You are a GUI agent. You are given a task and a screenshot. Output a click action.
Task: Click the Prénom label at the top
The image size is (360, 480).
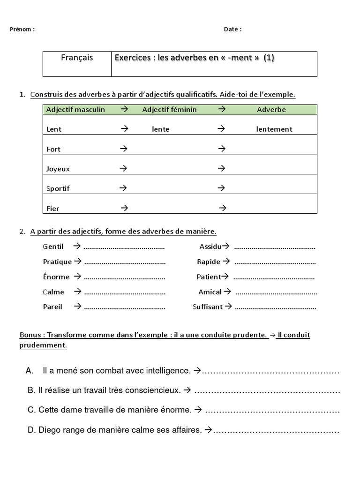22,30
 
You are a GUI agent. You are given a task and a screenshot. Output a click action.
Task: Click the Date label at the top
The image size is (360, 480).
232,30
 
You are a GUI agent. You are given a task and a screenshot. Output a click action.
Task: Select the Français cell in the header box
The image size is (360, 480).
77,58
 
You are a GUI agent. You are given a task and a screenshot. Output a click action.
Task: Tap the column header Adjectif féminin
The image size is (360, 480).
169,110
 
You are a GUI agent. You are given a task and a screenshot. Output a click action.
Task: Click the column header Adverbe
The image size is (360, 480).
271,110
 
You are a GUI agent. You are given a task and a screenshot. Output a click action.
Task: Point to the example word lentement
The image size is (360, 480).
274,129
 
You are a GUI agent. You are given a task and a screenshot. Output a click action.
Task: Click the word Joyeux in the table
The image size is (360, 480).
58,169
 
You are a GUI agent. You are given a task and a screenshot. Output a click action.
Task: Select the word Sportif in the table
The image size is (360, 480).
58,189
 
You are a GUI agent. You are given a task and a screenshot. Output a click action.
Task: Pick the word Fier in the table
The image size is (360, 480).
53,209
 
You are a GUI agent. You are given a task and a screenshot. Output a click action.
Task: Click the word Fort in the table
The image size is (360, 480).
53,150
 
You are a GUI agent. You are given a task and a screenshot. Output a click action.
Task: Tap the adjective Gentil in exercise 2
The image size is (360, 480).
53,247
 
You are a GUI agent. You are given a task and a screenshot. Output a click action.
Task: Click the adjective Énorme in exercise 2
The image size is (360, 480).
56,277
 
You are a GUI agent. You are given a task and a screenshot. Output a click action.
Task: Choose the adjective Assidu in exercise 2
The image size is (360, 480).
210,247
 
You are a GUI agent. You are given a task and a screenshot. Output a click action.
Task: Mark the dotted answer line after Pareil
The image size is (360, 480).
124,308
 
